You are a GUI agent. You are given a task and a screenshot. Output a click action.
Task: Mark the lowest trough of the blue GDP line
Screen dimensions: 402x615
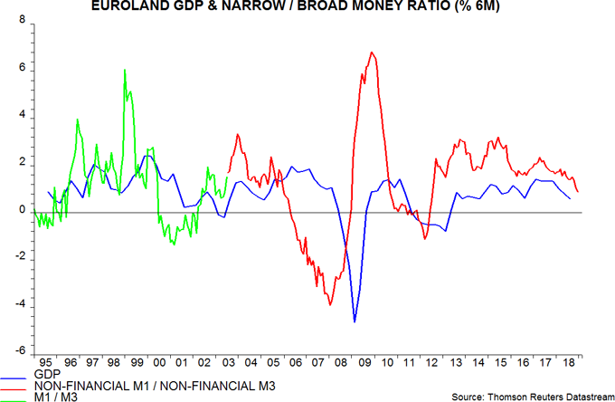pos(355,321)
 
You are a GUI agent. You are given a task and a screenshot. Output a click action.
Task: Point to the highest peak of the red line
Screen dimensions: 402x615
pos(372,53)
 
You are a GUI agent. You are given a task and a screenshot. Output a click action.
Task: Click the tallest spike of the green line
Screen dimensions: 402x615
pos(125,70)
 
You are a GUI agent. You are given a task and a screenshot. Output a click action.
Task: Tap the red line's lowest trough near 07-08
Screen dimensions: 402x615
pos(330,305)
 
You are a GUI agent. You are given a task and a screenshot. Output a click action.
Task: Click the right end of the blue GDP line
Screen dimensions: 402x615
pos(569,197)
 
